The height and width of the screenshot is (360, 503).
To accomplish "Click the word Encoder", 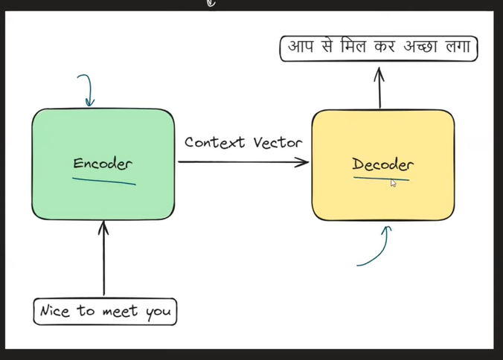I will coord(104,164).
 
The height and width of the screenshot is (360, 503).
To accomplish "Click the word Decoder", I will coord(382,164).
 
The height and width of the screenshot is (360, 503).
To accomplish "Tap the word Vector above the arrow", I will coord(277,141).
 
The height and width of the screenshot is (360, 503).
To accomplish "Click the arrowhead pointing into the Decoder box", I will coord(304,162).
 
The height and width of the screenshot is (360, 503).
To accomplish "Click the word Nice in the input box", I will coord(56,311).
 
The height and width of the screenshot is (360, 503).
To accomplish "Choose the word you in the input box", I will coord(158,312).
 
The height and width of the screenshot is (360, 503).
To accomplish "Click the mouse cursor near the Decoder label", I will coord(393,183).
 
